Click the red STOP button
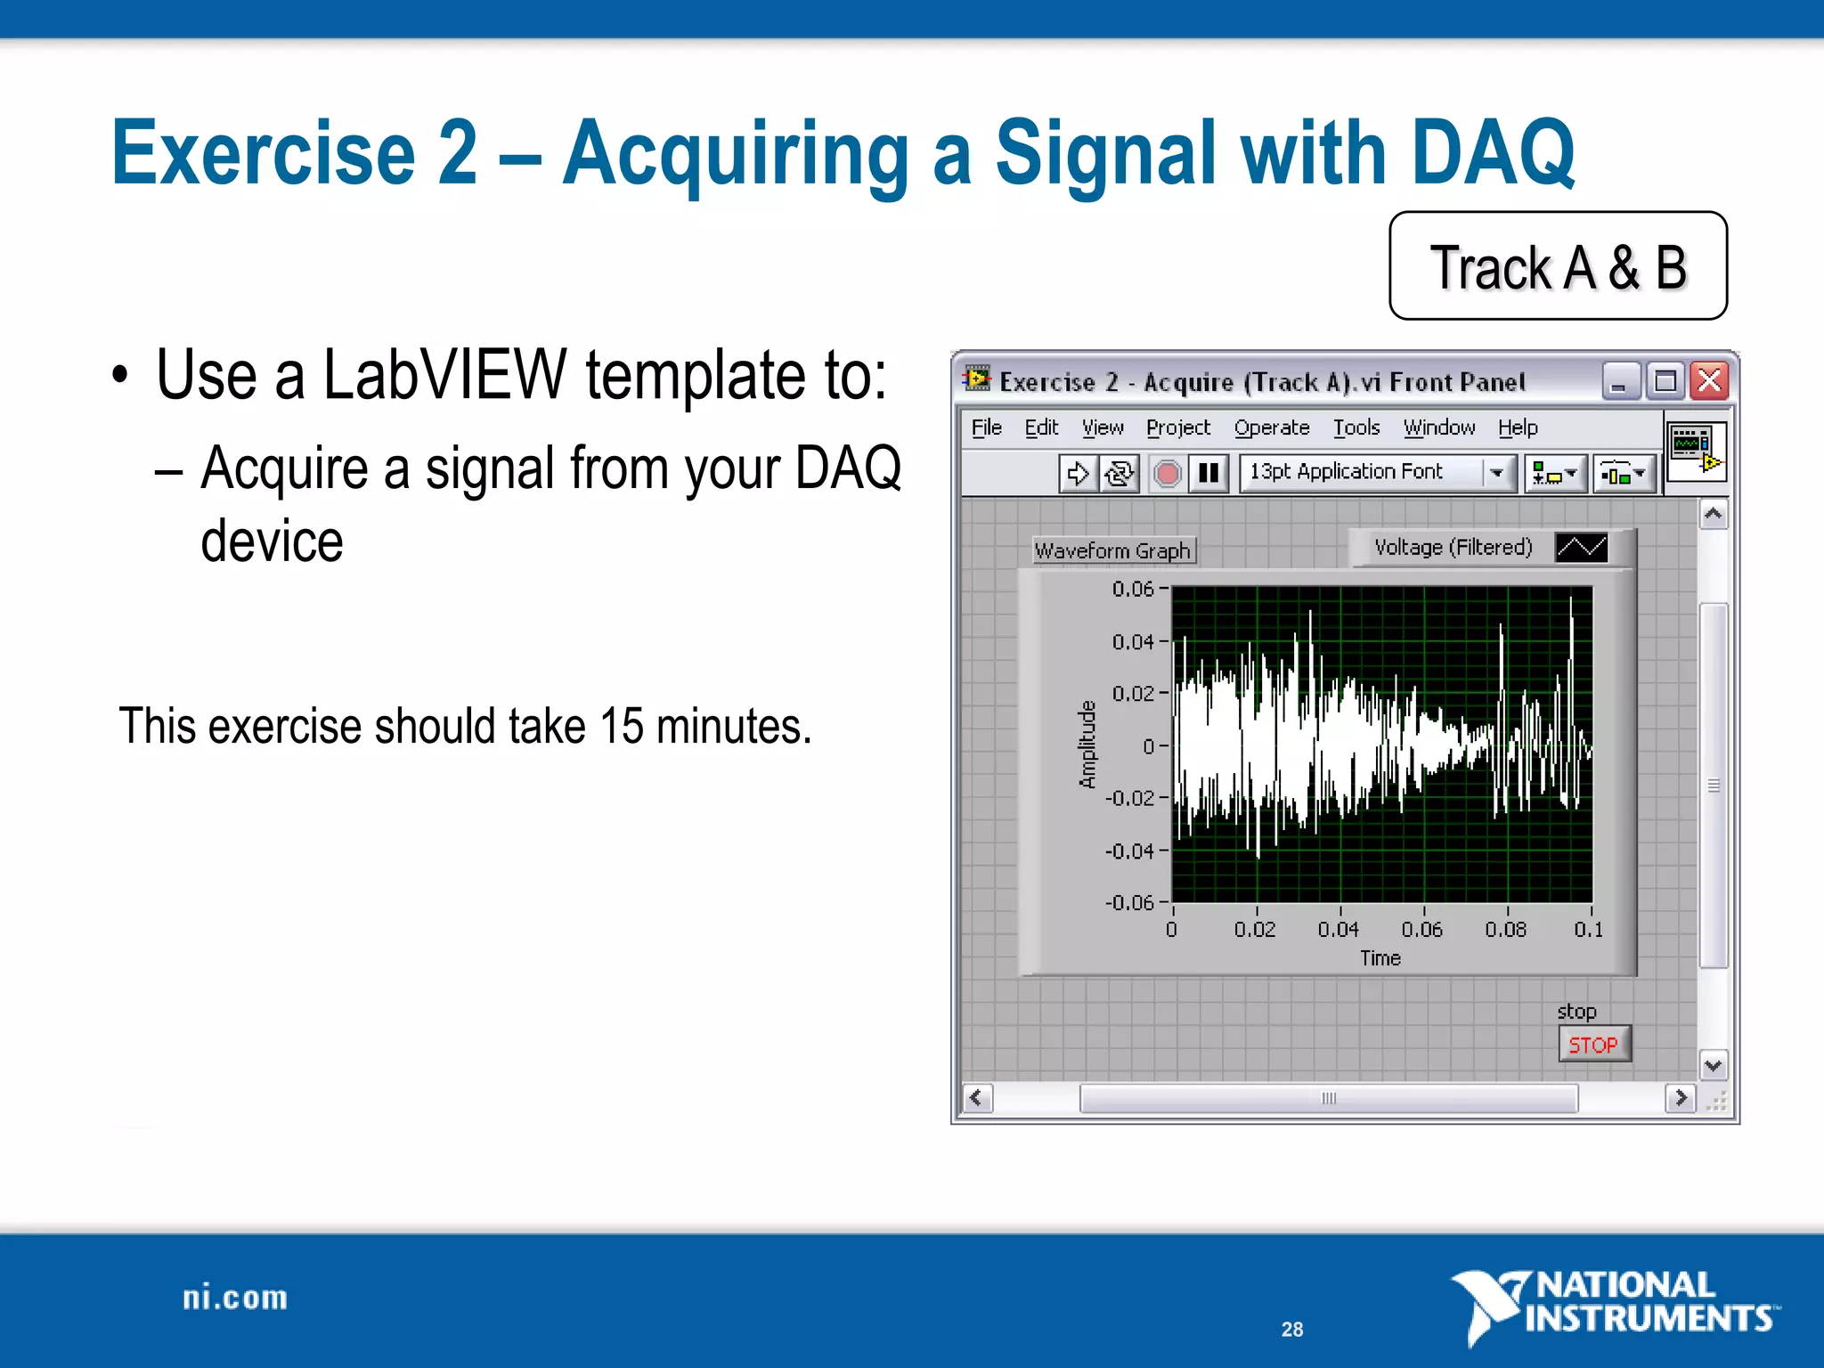[1593, 1045]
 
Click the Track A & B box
[1558, 266]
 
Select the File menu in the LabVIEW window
[986, 427]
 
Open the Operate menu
[1271, 427]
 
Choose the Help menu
[1518, 427]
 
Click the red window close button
[1710, 382]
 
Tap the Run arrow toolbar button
[1078, 473]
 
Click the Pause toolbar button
[1209, 473]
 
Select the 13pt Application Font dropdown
[1377, 472]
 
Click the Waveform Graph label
[1112, 550]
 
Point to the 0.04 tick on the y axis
[1133, 641]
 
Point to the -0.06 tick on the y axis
[1129, 902]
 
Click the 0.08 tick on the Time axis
[1505, 930]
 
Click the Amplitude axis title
[1087, 745]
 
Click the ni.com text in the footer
[235, 1298]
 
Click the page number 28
[1292, 1329]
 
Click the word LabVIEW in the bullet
[444, 375]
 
